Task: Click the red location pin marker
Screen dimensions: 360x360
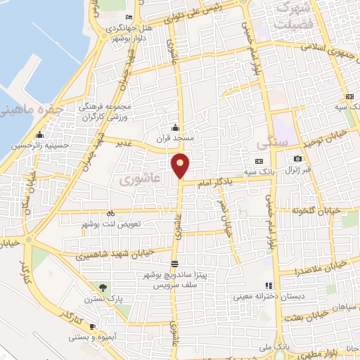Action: coord(181,166)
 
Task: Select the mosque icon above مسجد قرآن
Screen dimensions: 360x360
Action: coord(175,128)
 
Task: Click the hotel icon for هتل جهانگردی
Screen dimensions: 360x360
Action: coord(128,18)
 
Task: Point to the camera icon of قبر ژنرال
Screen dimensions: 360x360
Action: coord(297,159)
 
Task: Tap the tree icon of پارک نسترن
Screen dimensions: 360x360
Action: coord(103,287)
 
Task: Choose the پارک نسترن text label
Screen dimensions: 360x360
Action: coord(105,299)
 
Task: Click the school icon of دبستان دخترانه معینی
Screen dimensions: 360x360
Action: coord(268,285)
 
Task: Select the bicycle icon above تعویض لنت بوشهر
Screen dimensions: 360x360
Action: coord(110,213)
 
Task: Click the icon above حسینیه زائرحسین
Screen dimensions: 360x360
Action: coord(40,135)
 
